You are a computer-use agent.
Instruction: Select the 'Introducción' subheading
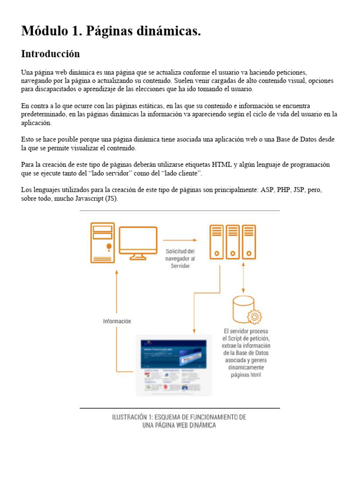pyautogui.click(x=50, y=54)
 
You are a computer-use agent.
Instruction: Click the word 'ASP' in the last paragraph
pyautogui.click(x=267, y=190)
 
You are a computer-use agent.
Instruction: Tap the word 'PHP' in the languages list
pyautogui.click(x=284, y=190)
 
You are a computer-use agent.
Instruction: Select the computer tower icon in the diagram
pyautogui.click(x=102, y=242)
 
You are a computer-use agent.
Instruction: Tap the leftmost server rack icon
pyautogui.click(x=216, y=241)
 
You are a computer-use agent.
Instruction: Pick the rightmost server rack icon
pyautogui.click(x=249, y=241)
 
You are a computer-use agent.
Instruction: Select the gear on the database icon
pyautogui.click(x=254, y=317)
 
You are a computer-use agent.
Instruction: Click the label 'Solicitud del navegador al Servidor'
pyautogui.click(x=180, y=258)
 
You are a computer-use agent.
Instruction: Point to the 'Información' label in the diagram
pyautogui.click(x=117, y=321)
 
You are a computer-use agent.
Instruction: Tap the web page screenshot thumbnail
pyautogui.click(x=173, y=364)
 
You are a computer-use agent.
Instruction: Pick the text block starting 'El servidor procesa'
pyautogui.click(x=246, y=353)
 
